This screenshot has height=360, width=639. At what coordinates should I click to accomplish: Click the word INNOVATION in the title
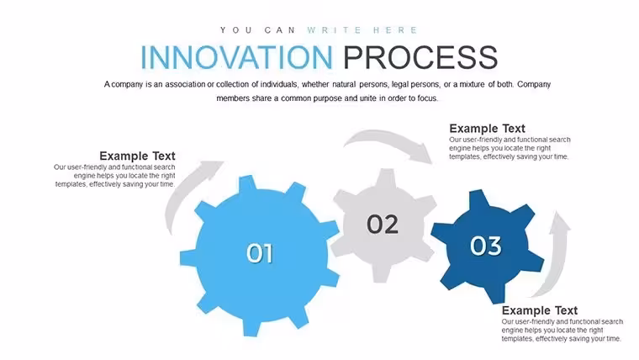(x=237, y=57)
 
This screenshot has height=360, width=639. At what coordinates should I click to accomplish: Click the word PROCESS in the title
(x=420, y=57)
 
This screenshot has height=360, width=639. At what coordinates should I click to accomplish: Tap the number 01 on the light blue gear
(x=260, y=253)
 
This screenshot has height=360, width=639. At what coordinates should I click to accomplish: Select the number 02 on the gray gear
(x=383, y=225)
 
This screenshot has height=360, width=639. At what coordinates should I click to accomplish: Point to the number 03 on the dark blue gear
(x=485, y=246)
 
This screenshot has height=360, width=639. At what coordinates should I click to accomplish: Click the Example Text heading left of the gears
(x=137, y=156)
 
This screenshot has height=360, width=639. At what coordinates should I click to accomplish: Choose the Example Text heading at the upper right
(x=488, y=129)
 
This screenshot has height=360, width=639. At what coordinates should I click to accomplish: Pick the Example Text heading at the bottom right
(x=540, y=310)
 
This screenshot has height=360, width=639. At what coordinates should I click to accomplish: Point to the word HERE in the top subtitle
(x=395, y=30)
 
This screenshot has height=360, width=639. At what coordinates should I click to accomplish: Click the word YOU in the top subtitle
(x=235, y=30)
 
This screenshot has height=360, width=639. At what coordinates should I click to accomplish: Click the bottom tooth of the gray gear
(x=380, y=274)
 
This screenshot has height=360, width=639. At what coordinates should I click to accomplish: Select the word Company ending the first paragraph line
(x=534, y=84)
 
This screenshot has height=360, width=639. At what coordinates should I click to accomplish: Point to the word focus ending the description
(x=427, y=98)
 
